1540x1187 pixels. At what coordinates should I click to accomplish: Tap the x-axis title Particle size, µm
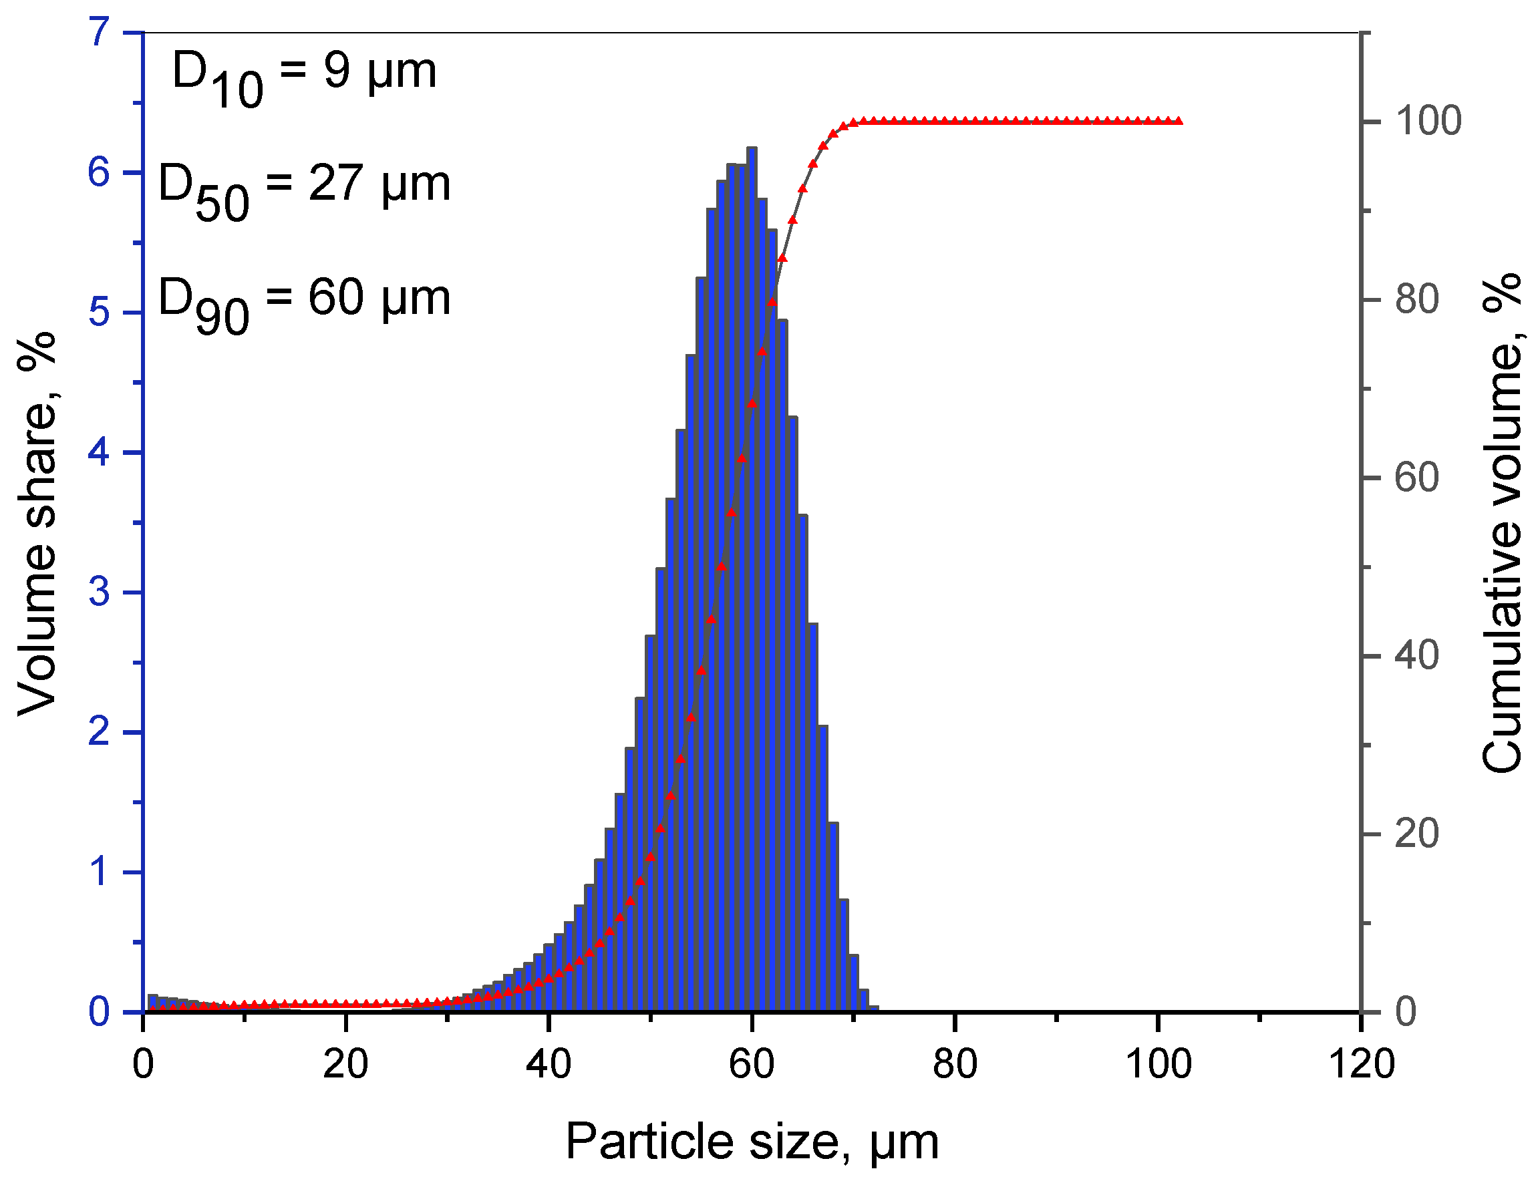[752, 1141]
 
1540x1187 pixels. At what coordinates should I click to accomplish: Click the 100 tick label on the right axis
[1428, 121]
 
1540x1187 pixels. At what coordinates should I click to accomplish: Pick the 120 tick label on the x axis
[1361, 1064]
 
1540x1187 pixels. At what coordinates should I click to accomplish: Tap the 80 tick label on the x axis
[955, 1064]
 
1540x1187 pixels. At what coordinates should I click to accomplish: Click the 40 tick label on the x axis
[549, 1064]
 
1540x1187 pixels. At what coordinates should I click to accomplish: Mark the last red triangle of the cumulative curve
[1179, 121]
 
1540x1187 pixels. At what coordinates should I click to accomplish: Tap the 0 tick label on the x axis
[143, 1064]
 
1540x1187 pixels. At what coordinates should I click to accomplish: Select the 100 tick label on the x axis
[1159, 1064]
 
